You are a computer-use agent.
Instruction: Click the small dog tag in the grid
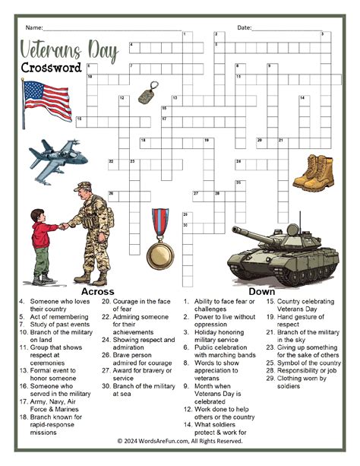(x=147, y=97)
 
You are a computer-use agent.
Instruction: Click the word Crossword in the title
(x=52, y=68)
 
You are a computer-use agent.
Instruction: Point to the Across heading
(x=97, y=291)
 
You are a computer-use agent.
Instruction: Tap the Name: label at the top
(x=34, y=27)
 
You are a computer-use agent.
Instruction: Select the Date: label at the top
(x=245, y=27)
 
